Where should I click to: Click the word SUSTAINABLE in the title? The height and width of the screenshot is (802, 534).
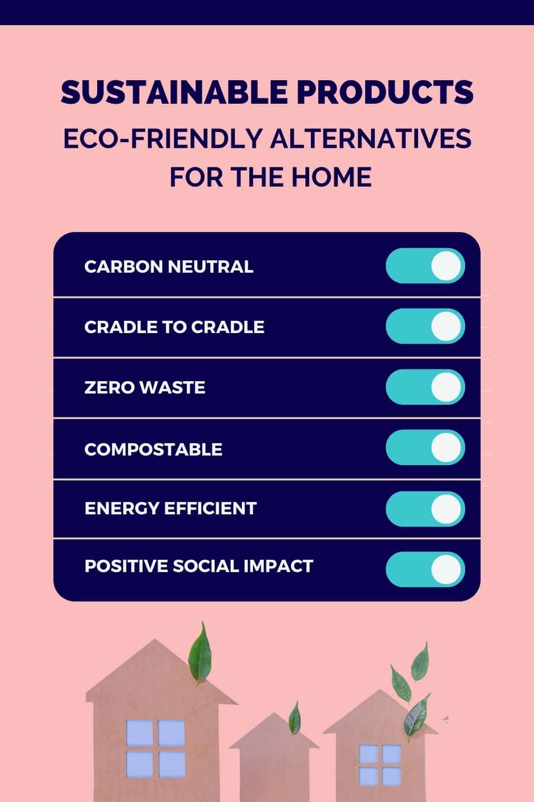point(174,92)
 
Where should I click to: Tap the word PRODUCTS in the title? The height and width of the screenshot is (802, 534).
point(385,92)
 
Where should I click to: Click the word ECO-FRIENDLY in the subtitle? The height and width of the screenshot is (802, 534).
point(162,138)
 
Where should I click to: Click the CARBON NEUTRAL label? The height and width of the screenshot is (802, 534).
point(169,267)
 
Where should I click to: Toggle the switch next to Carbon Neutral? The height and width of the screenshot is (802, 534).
point(425,266)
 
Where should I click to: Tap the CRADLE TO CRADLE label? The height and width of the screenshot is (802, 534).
point(175,327)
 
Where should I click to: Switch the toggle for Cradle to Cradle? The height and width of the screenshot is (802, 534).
point(425,326)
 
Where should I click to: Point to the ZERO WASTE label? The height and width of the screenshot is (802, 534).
point(145,388)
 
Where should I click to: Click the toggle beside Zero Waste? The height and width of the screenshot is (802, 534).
point(425,387)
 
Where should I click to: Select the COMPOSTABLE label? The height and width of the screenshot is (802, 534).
point(153,449)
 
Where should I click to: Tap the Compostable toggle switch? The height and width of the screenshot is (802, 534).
point(425,448)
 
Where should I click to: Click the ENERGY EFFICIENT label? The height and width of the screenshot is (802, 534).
point(170,508)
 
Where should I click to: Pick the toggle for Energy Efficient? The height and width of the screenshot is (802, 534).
point(425,509)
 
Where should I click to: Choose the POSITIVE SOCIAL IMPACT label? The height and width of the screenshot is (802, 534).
point(199,566)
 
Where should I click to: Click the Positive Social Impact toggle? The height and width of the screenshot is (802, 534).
point(425,569)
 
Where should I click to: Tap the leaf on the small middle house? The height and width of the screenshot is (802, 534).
point(295,718)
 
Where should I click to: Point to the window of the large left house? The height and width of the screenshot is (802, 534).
point(155,748)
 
